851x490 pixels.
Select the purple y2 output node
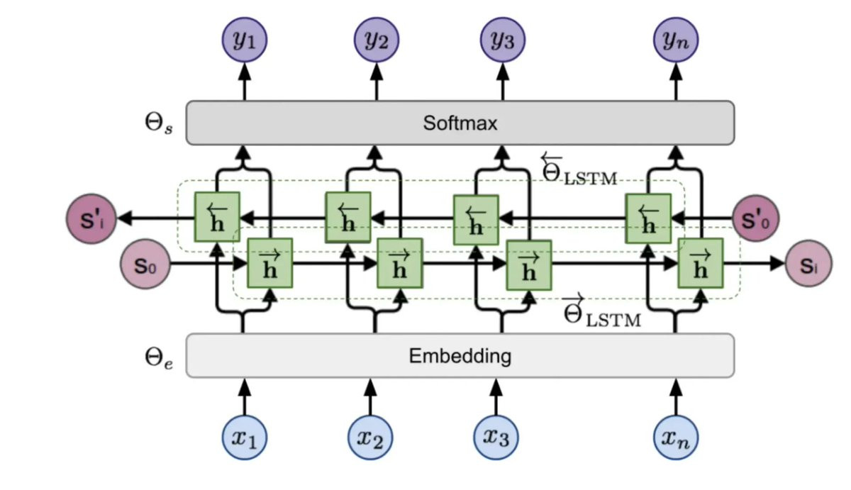pyautogui.click(x=377, y=40)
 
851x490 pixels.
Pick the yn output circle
pyautogui.click(x=675, y=40)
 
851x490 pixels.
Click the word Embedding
pyautogui.click(x=460, y=355)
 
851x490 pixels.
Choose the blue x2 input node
pyautogui.click(x=370, y=437)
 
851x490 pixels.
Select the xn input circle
pyautogui.click(x=675, y=437)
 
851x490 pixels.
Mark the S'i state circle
pyautogui.click(x=89, y=218)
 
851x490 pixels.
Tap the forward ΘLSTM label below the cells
pyautogui.click(x=602, y=311)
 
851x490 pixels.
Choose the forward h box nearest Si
pyautogui.click(x=701, y=263)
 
